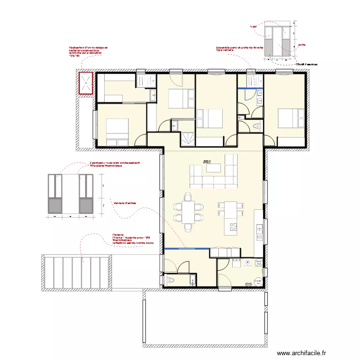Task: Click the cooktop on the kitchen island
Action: pyautogui.click(x=234, y=226)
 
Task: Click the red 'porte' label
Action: pyautogui.click(x=301, y=45)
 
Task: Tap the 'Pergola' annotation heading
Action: pyautogui.click(x=118, y=235)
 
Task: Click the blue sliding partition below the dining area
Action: pyautogui.click(x=186, y=249)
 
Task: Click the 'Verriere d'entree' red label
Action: pyautogui.click(x=125, y=203)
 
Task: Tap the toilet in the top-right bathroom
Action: pyautogui.click(x=256, y=125)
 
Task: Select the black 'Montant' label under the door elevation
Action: pyautogui.click(x=307, y=63)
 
